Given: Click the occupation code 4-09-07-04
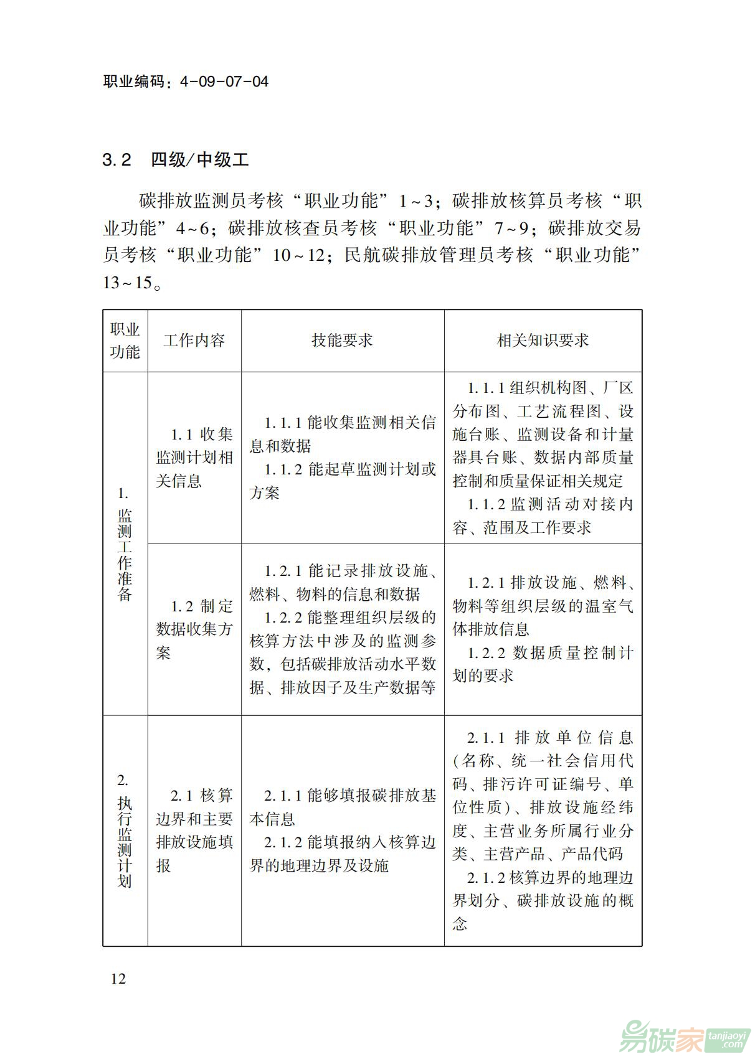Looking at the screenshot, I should pyautogui.click(x=224, y=82).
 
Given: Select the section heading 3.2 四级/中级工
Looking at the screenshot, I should pyautogui.click(x=176, y=160).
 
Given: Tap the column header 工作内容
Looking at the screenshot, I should pyautogui.click(x=194, y=341).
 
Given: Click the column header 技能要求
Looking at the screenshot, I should pyautogui.click(x=342, y=341).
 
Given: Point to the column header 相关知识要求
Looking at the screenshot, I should pyautogui.click(x=543, y=341).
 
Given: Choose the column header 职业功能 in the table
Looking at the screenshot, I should pyautogui.click(x=125, y=341).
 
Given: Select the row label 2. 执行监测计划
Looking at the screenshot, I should pyautogui.click(x=125, y=831).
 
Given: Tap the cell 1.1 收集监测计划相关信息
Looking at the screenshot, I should pyautogui.click(x=194, y=458).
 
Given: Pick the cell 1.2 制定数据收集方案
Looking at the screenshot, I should pyautogui.click(x=194, y=629).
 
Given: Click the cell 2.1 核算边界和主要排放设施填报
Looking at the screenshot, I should pyautogui.click(x=194, y=831).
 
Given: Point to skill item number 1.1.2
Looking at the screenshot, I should pyautogui.click(x=284, y=469).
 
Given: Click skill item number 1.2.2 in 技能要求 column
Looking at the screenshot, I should pyautogui.click(x=283, y=618).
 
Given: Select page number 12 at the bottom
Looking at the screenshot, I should pyautogui.click(x=118, y=978).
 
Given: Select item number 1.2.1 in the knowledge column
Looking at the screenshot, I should pyautogui.click(x=487, y=583).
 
